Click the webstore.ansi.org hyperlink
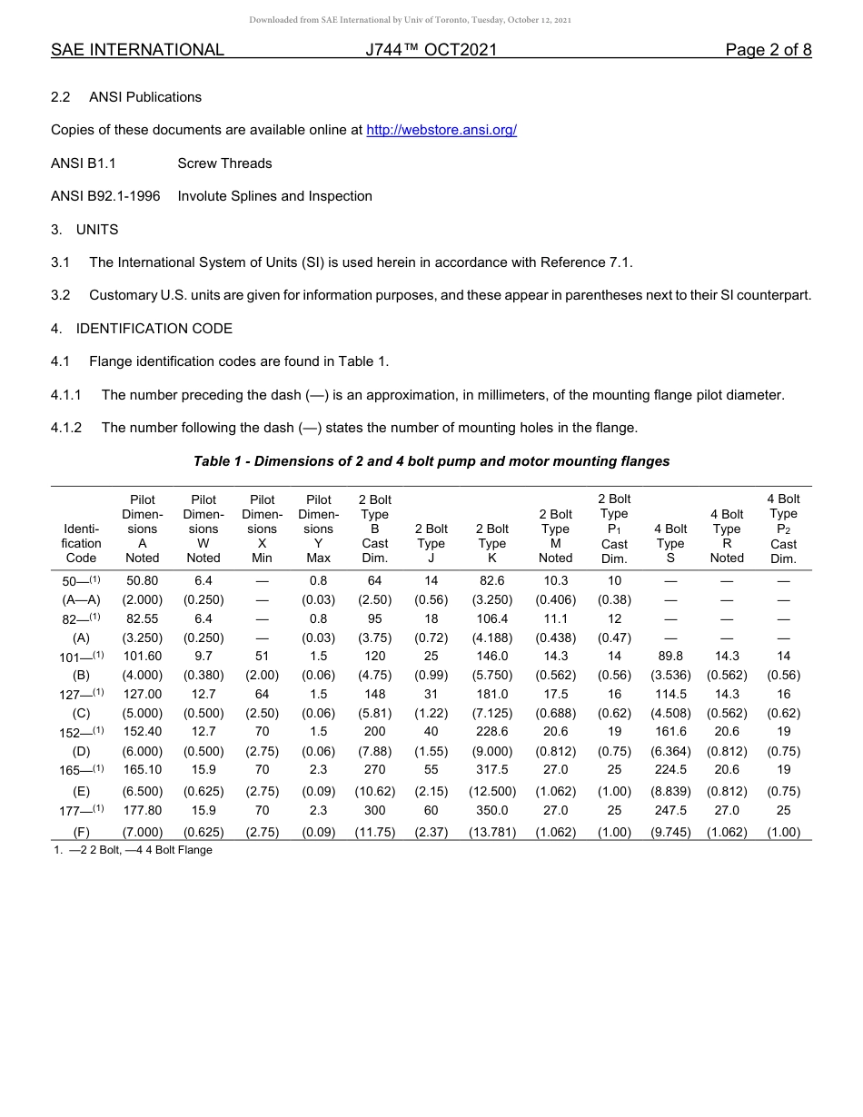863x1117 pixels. (441, 130)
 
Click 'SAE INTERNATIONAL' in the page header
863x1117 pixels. (137, 50)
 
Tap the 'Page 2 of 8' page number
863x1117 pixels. (768, 50)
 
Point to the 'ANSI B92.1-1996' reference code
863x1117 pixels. (105, 196)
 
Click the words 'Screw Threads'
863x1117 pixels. (224, 163)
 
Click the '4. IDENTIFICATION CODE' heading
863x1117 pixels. (142, 329)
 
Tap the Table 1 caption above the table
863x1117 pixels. (431, 461)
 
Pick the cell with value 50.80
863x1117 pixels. (143, 580)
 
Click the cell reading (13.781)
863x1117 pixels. (492, 832)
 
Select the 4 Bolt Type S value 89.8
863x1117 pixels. (670, 656)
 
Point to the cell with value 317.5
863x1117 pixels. (492, 769)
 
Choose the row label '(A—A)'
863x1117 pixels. (81, 599)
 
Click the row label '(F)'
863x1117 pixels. (81, 832)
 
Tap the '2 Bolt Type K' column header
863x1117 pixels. (492, 543)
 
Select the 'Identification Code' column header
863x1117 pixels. (81, 543)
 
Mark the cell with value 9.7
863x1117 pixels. (203, 656)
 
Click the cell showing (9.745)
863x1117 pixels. (670, 832)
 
